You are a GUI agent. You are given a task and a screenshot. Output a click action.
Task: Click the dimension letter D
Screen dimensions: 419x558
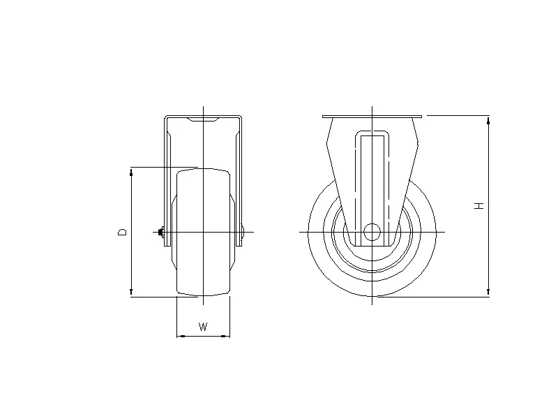coord(122,231)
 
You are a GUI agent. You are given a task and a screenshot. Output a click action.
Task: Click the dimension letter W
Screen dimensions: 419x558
coord(203,327)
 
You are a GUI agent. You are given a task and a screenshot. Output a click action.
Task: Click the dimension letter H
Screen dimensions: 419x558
coord(479,206)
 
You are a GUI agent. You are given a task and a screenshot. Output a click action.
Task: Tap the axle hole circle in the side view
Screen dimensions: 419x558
coord(372,232)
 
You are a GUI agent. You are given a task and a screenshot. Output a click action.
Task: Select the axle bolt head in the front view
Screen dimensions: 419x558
coord(160,232)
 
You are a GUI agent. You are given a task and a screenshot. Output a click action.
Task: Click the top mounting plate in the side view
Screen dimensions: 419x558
coord(372,116)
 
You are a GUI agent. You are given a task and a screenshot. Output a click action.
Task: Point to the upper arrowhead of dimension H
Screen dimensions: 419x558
coord(488,121)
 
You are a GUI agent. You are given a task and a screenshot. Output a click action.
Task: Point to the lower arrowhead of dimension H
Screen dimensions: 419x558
coord(488,291)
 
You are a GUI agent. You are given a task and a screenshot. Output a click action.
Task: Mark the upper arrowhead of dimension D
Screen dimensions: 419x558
coord(131,172)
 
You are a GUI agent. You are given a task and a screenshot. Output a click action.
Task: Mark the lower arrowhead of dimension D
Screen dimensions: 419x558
coord(131,292)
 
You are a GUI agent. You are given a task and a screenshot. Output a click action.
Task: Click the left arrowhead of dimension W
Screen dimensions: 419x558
coord(181,337)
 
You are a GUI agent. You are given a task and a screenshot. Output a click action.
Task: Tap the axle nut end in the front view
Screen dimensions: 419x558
coord(242,233)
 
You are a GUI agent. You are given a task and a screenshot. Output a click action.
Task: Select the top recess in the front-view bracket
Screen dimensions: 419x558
coord(203,122)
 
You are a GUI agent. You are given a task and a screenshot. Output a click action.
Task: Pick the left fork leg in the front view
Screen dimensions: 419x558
coord(167,182)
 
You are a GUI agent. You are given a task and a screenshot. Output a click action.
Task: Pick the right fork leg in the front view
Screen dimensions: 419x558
coord(239,182)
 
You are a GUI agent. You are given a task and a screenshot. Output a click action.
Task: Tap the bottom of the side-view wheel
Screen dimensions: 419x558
coord(372,295)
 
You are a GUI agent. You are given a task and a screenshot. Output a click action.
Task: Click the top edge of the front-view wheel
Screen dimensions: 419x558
coord(203,168)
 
